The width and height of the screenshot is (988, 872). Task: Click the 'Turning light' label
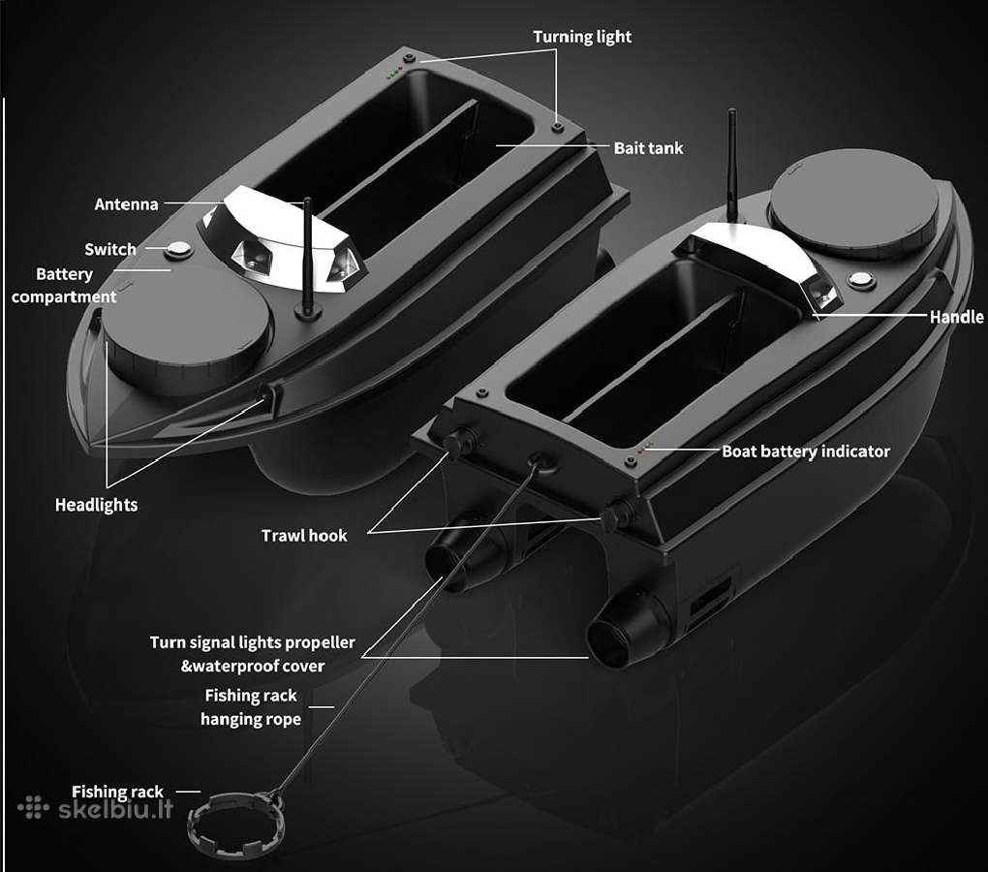(582, 37)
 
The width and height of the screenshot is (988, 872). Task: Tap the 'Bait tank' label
(648, 148)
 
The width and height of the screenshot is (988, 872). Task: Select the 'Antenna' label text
(126, 204)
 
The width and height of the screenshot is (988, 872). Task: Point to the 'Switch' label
(110, 250)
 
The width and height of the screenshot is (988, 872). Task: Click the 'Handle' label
(956, 317)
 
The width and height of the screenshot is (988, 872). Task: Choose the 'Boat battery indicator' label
(806, 452)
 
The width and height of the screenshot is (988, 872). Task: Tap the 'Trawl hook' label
(304, 536)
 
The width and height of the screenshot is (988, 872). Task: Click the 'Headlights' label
(97, 506)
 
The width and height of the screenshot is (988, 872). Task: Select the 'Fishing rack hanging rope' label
(251, 707)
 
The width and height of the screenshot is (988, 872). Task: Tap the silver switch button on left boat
(179, 249)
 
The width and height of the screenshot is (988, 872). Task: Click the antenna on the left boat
(307, 259)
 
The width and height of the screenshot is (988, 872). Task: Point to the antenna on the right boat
(732, 167)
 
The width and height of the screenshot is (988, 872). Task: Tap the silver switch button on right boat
(861, 280)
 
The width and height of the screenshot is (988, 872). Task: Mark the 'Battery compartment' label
(64, 286)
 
